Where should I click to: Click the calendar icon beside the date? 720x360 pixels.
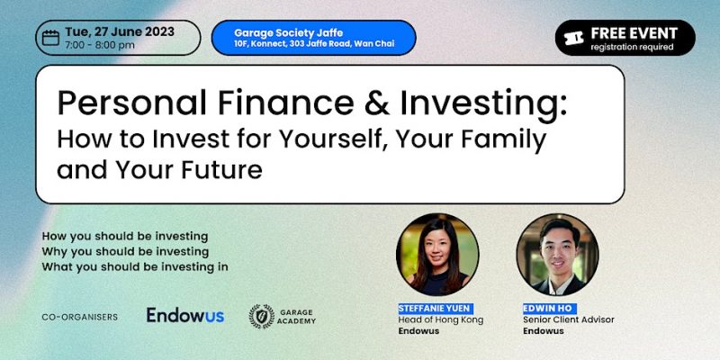50,38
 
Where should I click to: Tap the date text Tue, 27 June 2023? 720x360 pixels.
120,31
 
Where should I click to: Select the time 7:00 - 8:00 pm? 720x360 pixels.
100,45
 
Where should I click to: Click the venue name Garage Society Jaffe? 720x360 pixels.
288,33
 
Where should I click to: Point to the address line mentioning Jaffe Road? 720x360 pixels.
314,44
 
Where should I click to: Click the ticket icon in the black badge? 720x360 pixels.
573,38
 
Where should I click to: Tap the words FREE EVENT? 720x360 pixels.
634,33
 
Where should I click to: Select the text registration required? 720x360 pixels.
632,47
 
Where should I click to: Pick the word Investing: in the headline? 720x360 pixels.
483,103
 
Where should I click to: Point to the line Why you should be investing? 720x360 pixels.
125,252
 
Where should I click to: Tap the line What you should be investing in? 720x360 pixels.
135,266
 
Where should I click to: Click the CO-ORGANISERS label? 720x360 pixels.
79,317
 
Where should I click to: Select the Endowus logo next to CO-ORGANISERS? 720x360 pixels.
185,315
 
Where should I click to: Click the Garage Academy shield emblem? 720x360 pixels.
262,317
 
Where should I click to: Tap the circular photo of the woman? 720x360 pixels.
437,255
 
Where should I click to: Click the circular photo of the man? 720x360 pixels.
557,255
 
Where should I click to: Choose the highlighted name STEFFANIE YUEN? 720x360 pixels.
436,309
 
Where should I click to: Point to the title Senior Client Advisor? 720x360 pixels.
569,319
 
